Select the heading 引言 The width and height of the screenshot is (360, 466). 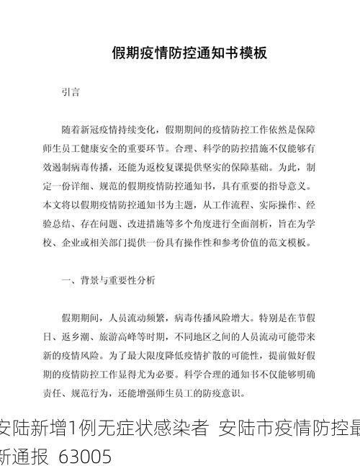(x=71, y=92)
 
